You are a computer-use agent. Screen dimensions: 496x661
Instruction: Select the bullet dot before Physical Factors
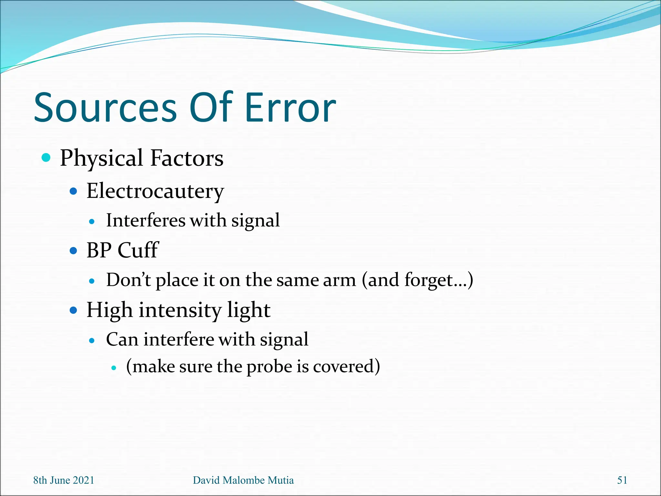point(46,158)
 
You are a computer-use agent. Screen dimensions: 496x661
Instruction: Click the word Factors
point(187,158)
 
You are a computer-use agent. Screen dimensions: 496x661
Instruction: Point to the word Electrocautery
point(155,191)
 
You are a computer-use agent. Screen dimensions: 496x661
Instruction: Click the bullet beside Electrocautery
point(74,191)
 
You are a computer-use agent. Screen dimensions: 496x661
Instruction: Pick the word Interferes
point(146,221)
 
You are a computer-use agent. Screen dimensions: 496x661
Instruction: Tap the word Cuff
point(138,250)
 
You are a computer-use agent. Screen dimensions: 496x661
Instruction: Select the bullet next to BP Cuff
point(74,251)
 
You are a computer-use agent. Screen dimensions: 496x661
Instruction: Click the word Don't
point(128,280)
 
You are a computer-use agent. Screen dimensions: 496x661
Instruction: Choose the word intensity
point(180,310)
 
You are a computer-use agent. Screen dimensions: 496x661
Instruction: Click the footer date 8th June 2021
point(64,480)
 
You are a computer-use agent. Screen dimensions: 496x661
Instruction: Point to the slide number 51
point(622,480)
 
